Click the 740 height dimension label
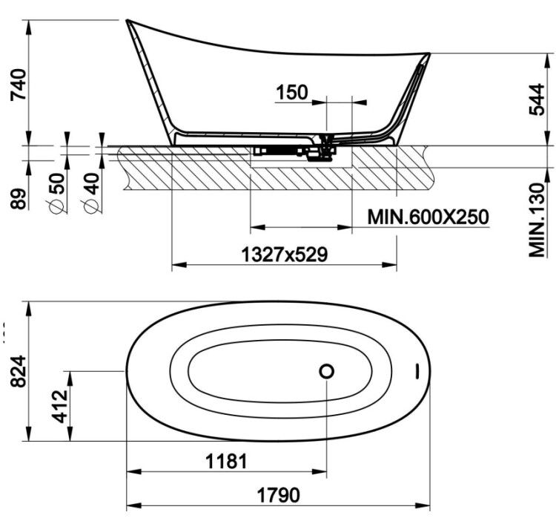tap(18, 85)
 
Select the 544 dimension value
tap(536, 99)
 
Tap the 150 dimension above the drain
tap(292, 92)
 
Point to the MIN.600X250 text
tap(428, 217)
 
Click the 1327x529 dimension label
tap(285, 255)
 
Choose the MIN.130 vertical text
tap(536, 220)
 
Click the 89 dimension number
tap(18, 199)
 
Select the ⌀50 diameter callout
tap(57, 193)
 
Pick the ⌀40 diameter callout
tap(91, 193)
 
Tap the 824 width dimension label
tap(18, 371)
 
